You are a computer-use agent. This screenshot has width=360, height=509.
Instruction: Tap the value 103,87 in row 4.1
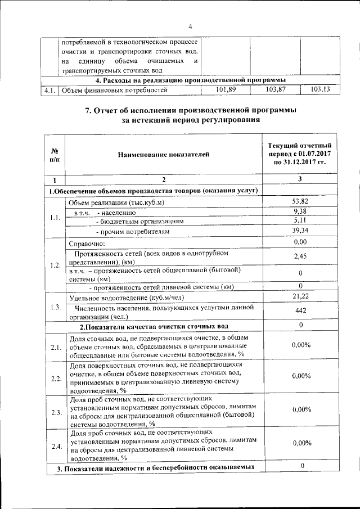pyautogui.click(x=276, y=89)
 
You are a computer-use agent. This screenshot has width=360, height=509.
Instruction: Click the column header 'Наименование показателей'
pyautogui.click(x=163, y=153)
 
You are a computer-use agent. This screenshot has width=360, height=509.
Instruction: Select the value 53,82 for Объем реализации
pyautogui.click(x=301, y=201)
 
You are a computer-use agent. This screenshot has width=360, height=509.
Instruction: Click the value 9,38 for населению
pyautogui.click(x=301, y=211)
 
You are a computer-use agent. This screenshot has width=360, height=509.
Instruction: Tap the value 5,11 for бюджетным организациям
pyautogui.click(x=301, y=220)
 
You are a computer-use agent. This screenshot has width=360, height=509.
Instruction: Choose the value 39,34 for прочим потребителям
pyautogui.click(x=301, y=231)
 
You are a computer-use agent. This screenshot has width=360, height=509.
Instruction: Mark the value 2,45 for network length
pyautogui.click(x=301, y=256)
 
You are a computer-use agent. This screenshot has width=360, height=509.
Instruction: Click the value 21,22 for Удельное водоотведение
pyautogui.click(x=301, y=296)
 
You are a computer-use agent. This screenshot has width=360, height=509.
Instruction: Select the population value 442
pyautogui.click(x=301, y=310)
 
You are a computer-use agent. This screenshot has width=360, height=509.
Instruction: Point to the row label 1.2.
pyautogui.click(x=55, y=265)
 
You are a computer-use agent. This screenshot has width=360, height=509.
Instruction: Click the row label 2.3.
pyautogui.click(x=55, y=413)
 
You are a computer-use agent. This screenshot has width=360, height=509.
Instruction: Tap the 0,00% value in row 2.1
pyautogui.click(x=301, y=345)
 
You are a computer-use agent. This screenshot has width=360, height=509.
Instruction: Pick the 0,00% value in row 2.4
pyautogui.click(x=301, y=443)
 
